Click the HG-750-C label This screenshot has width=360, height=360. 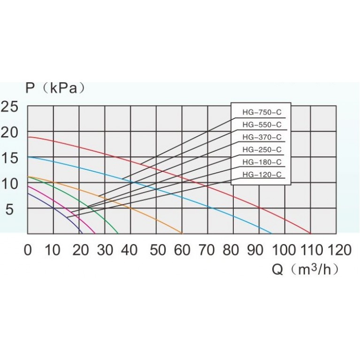pos(261,113)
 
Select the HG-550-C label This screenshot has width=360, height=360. pos(261,125)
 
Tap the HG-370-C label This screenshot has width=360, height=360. pos(261,138)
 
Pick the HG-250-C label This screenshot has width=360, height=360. pos(261,150)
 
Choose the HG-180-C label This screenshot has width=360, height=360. pos(261,162)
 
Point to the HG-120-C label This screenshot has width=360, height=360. pos(261,175)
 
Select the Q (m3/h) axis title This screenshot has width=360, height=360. pos(305,271)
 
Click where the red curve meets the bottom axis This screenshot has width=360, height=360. pos(311,233)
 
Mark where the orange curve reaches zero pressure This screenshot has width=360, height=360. pos(182,233)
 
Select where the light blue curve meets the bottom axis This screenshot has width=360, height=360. pos(272,233)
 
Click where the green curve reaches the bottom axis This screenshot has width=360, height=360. pos(118,233)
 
